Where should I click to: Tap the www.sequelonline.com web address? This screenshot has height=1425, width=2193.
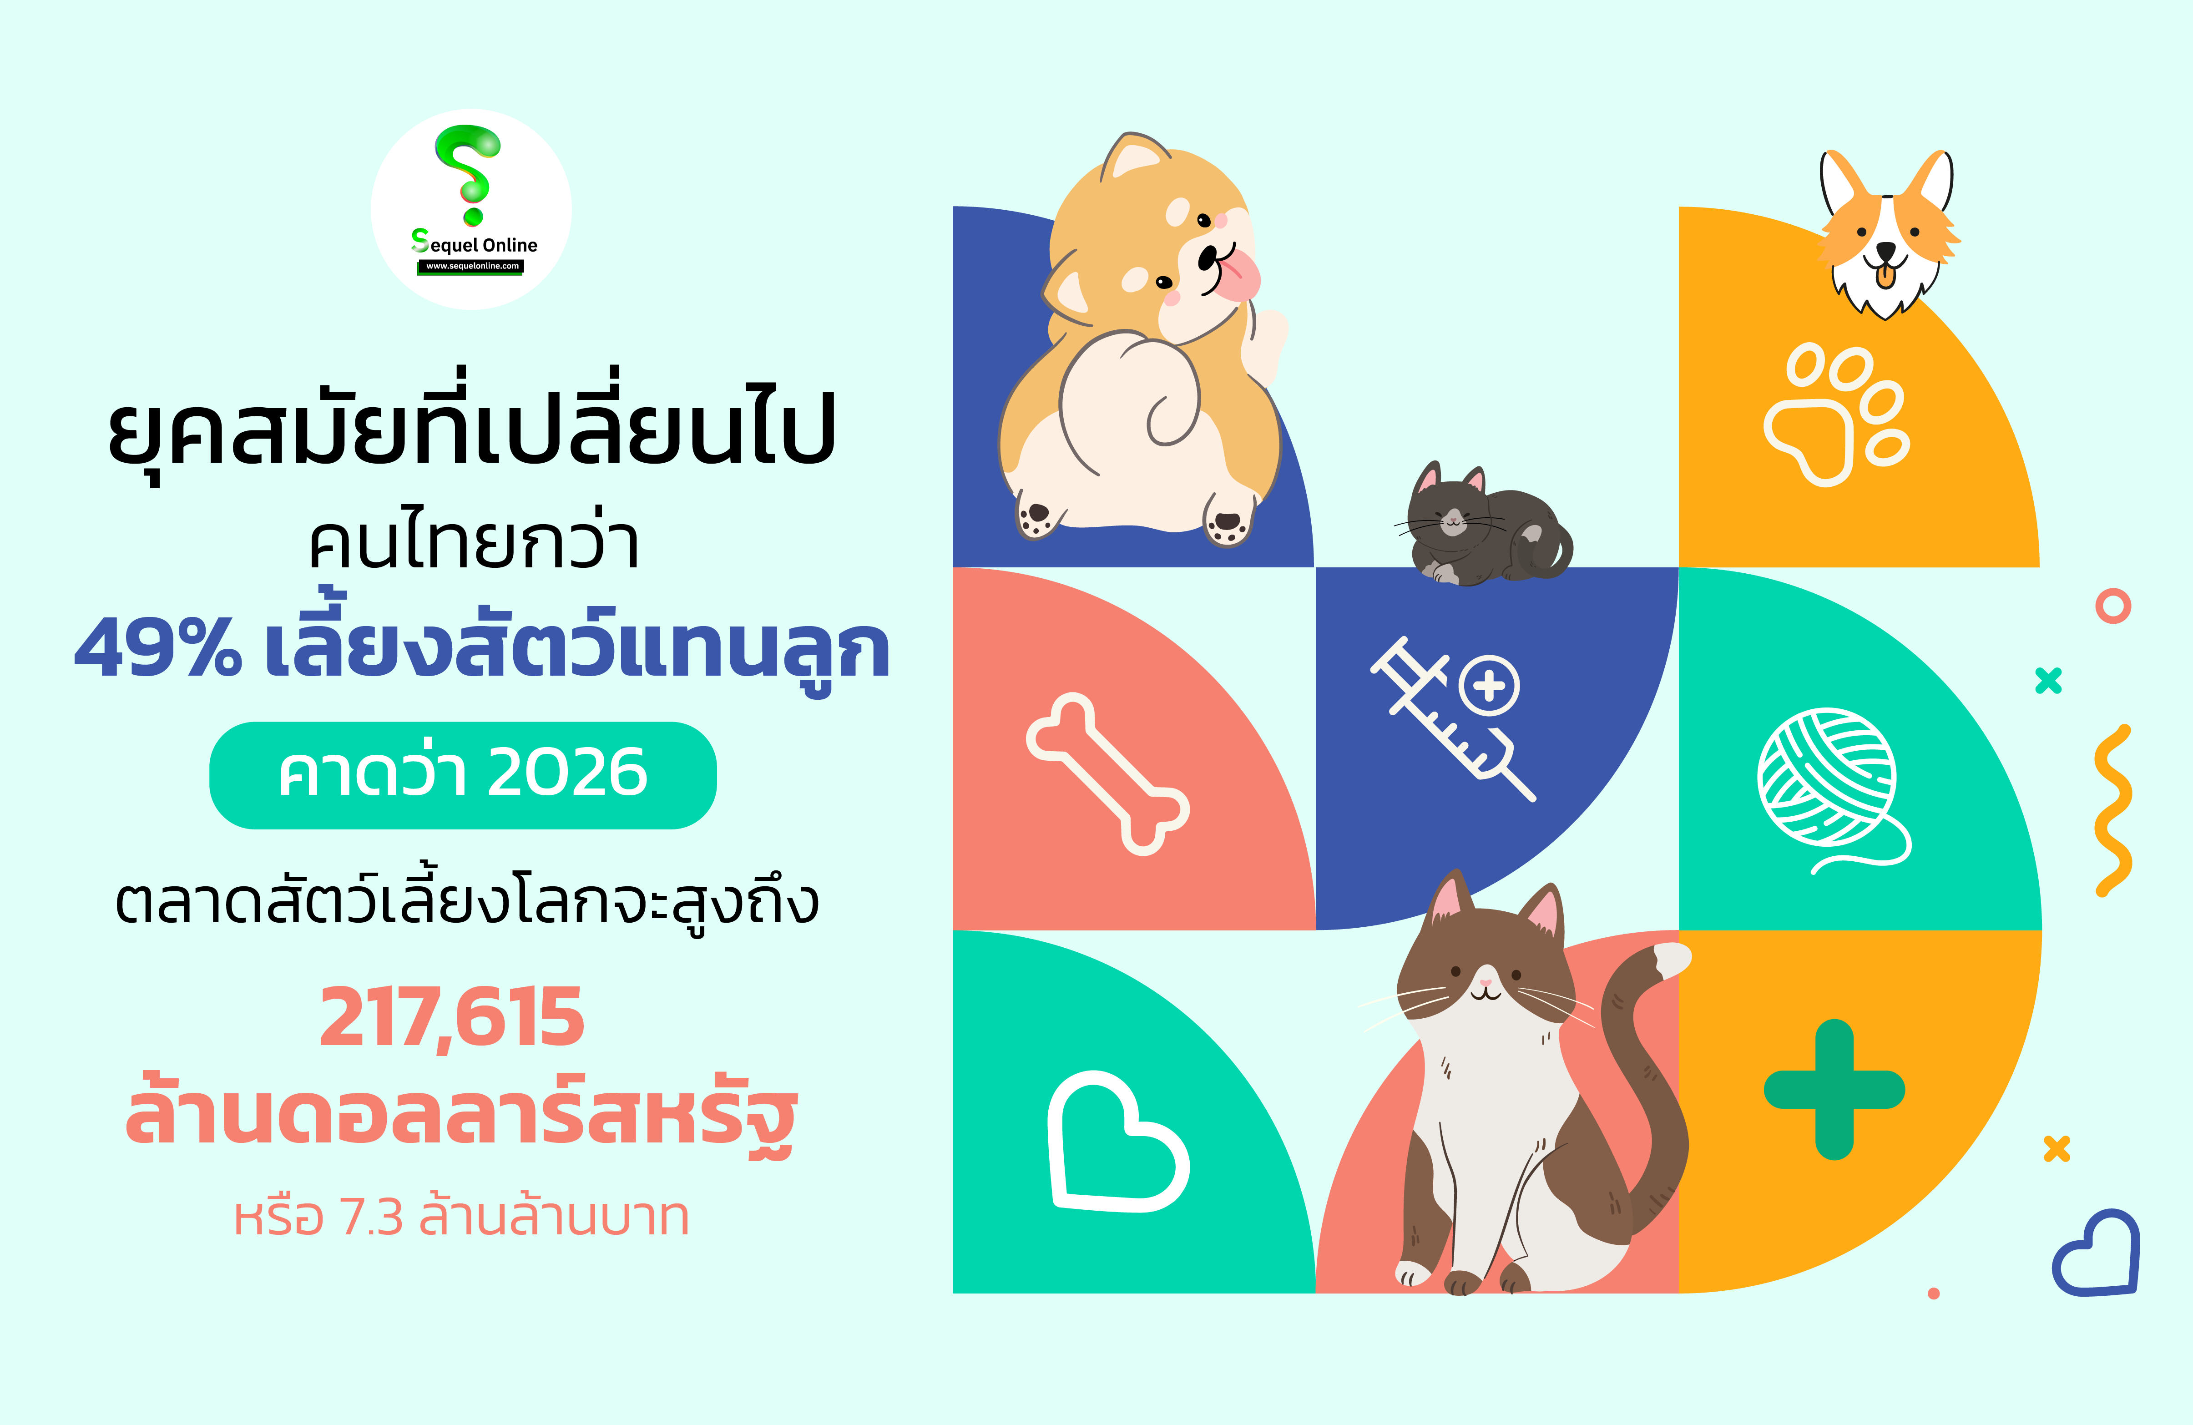coord(472,266)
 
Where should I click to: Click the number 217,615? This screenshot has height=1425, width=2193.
coord(451,1018)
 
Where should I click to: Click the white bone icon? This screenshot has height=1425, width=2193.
coord(1107,774)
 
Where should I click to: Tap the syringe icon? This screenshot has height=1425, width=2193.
coord(1453,718)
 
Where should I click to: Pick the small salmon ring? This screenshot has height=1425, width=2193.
coord(2114,606)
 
